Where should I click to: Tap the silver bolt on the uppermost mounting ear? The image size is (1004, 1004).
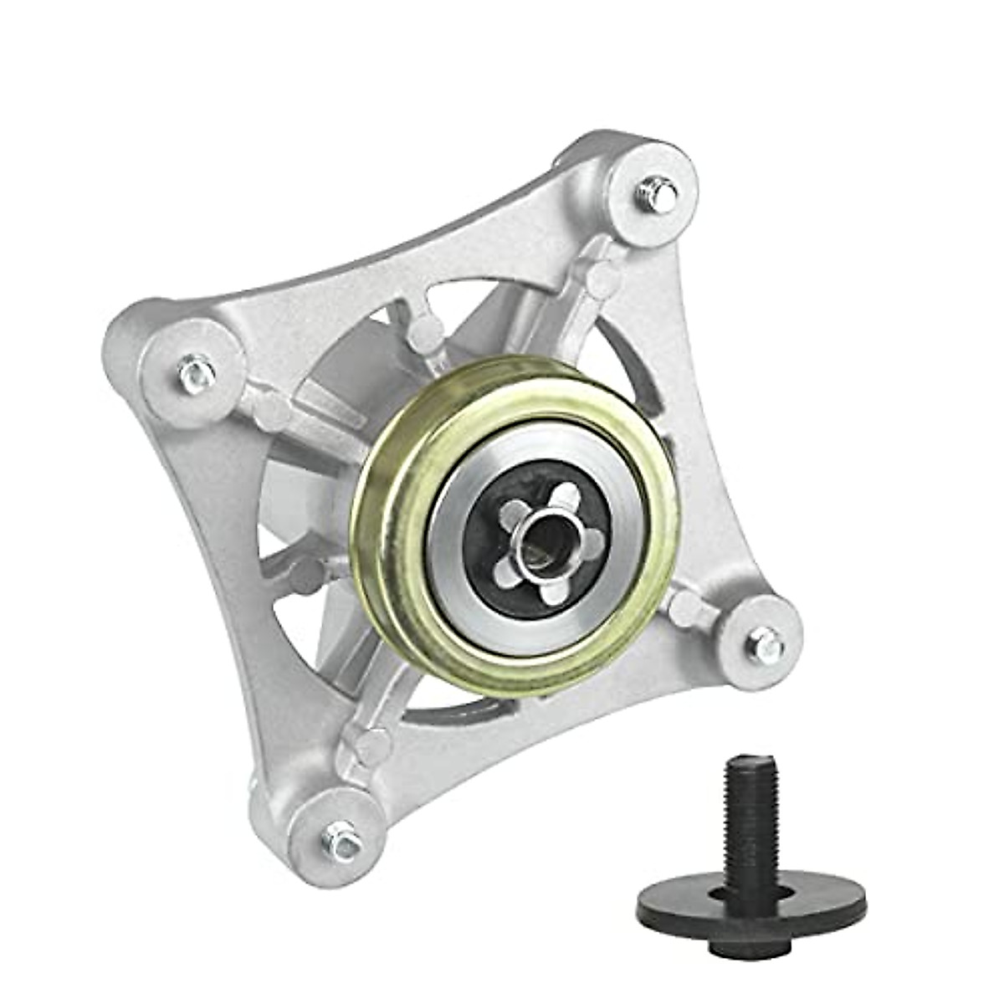[660, 195]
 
